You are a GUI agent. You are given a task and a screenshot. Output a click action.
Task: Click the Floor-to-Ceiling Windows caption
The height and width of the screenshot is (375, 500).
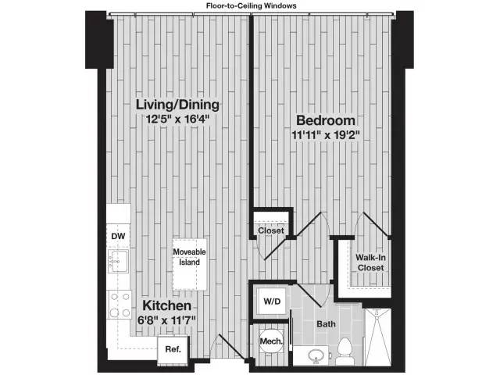click(x=252, y=5)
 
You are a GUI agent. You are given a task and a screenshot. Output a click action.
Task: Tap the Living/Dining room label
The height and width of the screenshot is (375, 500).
click(x=177, y=105)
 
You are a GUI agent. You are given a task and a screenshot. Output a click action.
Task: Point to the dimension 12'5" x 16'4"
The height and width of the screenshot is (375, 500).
click(x=177, y=120)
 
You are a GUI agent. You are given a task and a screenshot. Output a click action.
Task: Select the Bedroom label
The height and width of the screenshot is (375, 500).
click(x=326, y=120)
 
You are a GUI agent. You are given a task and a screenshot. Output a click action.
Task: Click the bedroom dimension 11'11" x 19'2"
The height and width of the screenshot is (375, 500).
click(x=326, y=135)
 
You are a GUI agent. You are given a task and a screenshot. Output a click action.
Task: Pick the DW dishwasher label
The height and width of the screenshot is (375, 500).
click(x=118, y=236)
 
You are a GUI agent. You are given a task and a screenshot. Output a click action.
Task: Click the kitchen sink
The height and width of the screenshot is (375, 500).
click(x=118, y=262)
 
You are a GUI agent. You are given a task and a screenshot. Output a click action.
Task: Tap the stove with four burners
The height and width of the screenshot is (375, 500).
click(x=120, y=305)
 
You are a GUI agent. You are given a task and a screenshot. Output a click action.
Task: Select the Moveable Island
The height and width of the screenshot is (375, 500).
click(x=189, y=265)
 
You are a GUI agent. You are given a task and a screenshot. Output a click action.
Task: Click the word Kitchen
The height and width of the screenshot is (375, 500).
click(x=166, y=305)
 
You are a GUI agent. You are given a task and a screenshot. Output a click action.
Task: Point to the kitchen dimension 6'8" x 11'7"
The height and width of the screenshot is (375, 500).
click(x=166, y=320)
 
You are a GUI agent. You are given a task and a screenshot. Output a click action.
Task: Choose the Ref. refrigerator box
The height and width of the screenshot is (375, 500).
click(x=173, y=350)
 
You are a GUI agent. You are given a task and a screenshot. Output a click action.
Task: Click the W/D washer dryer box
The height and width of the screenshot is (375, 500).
click(x=272, y=302)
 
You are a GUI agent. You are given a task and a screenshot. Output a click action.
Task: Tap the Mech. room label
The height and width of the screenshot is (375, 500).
click(x=271, y=341)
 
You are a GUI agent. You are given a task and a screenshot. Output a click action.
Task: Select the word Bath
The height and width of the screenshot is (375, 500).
click(x=326, y=324)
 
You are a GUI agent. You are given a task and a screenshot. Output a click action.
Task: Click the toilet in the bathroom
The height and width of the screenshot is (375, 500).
click(x=345, y=352)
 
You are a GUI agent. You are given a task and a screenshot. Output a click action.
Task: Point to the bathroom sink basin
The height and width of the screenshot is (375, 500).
click(x=316, y=356)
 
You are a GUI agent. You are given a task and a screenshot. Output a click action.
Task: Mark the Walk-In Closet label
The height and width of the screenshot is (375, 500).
click(x=370, y=262)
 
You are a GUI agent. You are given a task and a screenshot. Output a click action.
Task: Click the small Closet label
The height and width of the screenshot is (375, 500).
click(x=271, y=230)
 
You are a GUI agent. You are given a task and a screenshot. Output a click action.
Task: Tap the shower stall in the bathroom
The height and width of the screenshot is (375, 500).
click(x=377, y=337)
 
